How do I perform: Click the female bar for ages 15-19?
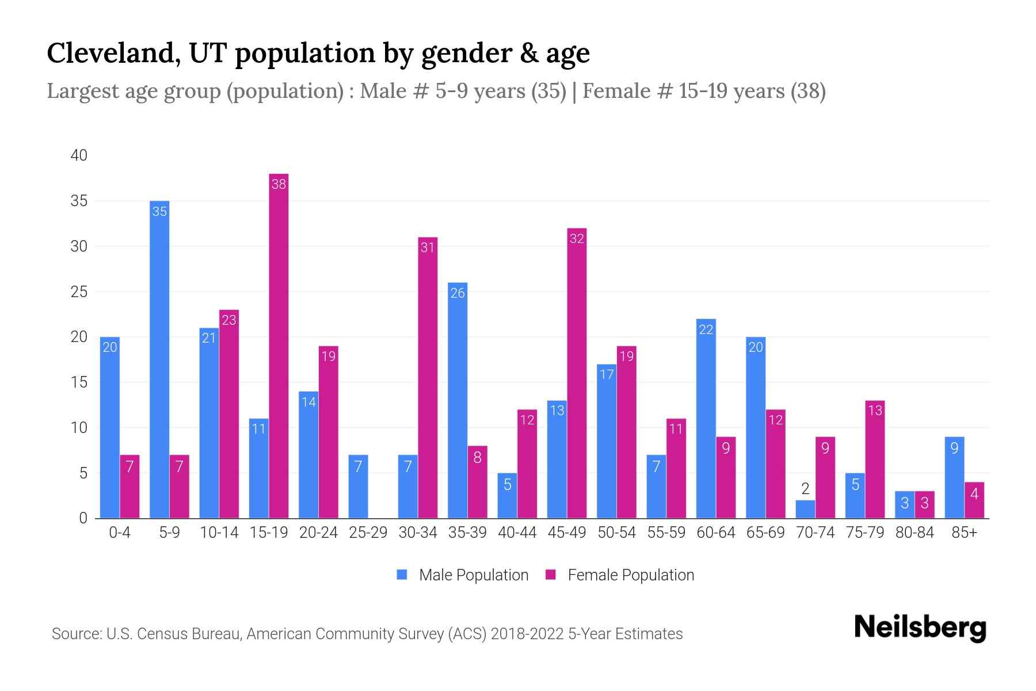(x=279, y=345)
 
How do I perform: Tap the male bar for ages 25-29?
(x=358, y=487)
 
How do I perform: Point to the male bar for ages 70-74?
(x=805, y=509)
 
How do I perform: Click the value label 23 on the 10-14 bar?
(x=229, y=320)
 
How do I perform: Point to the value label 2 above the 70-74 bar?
(x=805, y=489)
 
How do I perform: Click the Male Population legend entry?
(x=463, y=575)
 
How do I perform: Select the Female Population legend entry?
(x=620, y=575)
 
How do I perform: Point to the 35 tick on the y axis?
(x=79, y=201)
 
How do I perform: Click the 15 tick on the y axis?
(x=79, y=382)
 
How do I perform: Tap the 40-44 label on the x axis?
(x=517, y=533)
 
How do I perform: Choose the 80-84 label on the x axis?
(x=915, y=533)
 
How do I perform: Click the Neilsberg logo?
(x=920, y=628)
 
